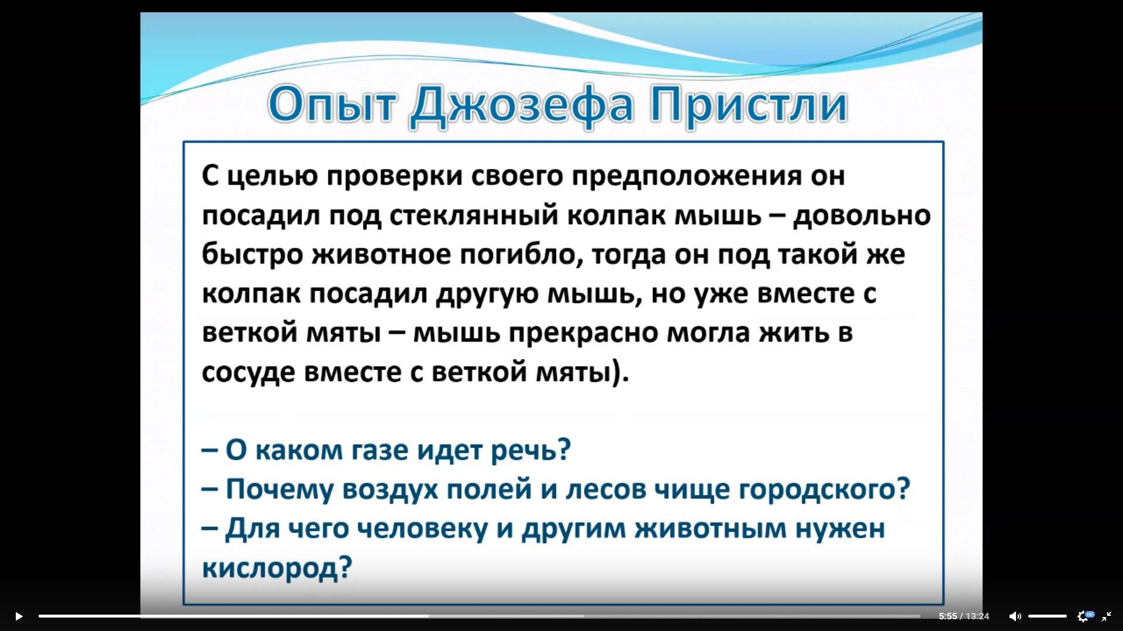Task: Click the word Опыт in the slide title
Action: coord(332,105)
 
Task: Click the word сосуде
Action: coord(249,373)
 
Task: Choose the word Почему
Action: coord(279,490)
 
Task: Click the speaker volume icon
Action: coord(1015,616)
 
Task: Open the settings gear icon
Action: coord(1083,616)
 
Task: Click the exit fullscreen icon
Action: coord(1107,616)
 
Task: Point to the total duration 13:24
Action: coord(977,616)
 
